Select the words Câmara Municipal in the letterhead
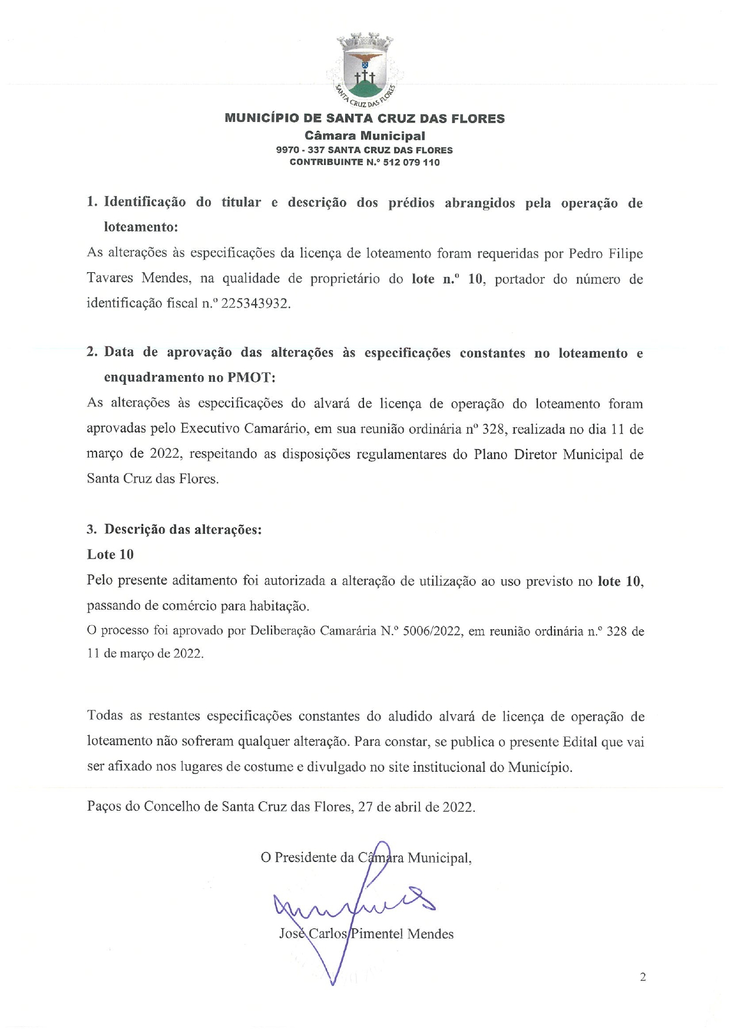(x=365, y=136)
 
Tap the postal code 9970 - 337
(x=299, y=150)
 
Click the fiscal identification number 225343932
(x=255, y=304)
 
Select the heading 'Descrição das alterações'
(x=183, y=529)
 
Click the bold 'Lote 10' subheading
(x=110, y=554)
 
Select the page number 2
(x=643, y=977)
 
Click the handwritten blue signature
(x=353, y=907)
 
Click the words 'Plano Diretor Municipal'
(x=548, y=455)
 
